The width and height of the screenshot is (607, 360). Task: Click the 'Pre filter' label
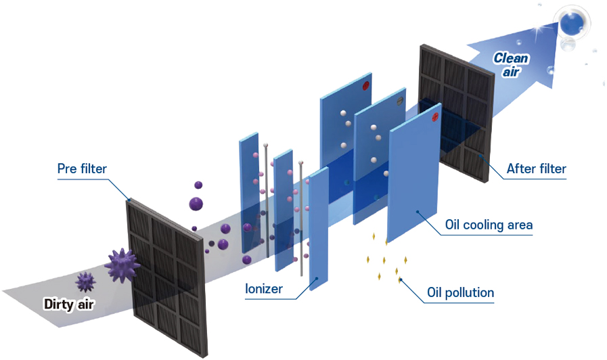82,168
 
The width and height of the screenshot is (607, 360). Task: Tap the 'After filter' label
536,168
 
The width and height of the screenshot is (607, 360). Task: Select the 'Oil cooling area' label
489,225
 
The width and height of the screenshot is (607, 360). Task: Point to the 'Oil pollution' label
460,293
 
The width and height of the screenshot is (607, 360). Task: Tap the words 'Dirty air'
69,304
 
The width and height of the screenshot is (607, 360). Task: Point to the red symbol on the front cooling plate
435,116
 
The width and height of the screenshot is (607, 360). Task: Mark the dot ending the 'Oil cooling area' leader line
418,211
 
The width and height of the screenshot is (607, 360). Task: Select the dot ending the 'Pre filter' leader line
129,200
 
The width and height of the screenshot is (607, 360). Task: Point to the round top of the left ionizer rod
269,145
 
